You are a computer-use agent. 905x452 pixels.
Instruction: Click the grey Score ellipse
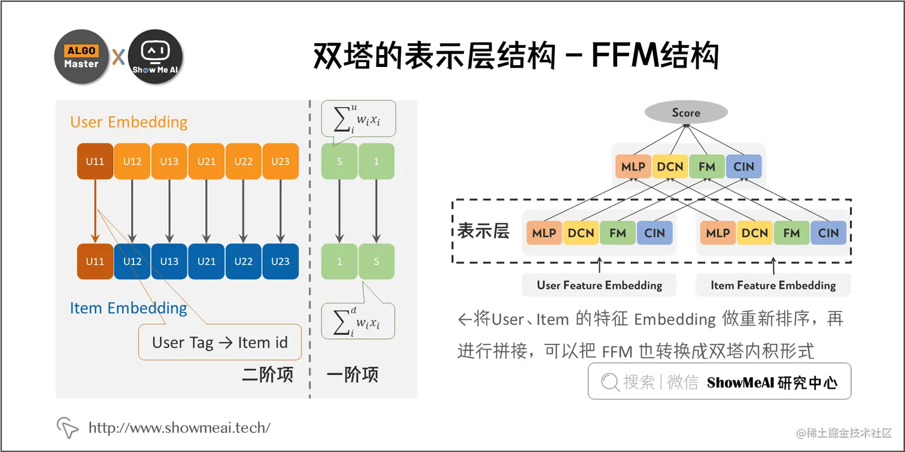point(685,112)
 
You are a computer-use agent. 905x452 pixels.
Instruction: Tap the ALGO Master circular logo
point(81,57)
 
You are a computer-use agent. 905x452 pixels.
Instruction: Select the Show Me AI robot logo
point(155,57)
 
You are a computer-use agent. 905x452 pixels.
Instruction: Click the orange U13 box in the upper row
point(169,161)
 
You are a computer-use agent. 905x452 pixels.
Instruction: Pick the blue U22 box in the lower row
point(244,261)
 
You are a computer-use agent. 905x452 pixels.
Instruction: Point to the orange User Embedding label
point(129,122)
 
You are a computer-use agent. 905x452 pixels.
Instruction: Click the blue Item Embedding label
point(129,308)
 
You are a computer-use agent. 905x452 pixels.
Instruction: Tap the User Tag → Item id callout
point(220,343)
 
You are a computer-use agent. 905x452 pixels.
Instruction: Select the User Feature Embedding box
point(599,285)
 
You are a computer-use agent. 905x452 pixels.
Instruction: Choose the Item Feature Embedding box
point(773,285)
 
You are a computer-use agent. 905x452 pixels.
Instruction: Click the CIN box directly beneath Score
point(743,167)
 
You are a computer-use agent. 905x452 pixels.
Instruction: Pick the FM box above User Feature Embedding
point(618,233)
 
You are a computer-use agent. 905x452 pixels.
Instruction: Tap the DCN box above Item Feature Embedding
point(754,233)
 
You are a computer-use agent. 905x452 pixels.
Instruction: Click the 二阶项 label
point(268,375)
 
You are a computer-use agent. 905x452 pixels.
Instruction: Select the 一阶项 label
point(353,375)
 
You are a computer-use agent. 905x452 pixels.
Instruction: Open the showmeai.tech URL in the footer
point(179,427)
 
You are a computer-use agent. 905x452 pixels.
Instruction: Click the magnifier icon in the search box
point(609,382)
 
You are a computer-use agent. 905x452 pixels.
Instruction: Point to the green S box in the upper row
point(339,161)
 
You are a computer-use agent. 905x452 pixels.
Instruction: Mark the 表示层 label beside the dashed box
point(483,231)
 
